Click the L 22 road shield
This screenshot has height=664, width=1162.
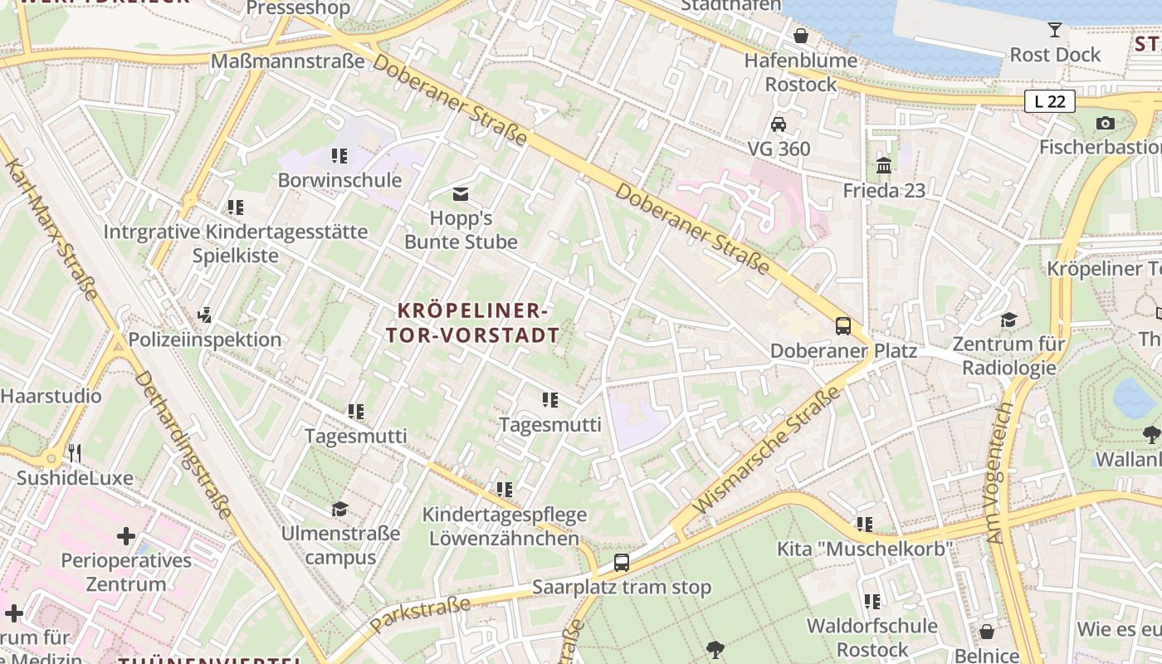pos(1049,101)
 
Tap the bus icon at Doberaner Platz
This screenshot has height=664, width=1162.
pos(843,325)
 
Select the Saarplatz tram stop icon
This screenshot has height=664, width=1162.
pos(622,562)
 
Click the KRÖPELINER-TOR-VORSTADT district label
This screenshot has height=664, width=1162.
pos(472,323)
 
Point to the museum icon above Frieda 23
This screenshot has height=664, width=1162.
pos(884,165)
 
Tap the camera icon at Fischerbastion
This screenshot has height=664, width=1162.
pos(1105,123)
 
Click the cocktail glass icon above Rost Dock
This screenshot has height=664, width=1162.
pos(1055,30)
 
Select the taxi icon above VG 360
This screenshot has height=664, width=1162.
pos(779,124)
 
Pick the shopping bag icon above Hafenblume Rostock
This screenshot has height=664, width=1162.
pos(801,36)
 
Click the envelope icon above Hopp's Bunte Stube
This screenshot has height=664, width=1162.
pos(461,194)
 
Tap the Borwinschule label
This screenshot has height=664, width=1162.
pos(339,180)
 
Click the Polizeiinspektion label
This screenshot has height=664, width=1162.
pos(205,339)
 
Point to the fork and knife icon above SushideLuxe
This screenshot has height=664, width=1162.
pos(75,452)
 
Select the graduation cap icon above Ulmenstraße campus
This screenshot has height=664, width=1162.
pos(339,509)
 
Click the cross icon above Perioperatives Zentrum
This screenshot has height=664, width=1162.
pos(126,536)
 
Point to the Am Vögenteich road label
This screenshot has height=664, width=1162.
pos(1000,473)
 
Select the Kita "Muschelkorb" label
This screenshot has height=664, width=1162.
pos(864,549)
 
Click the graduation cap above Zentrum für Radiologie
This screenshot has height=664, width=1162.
pos(1008,320)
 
